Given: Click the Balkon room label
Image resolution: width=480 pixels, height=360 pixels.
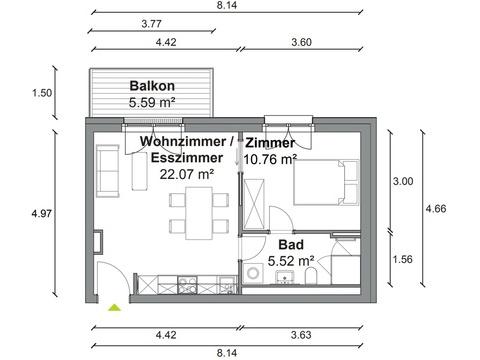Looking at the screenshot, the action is pyautogui.click(x=152, y=86).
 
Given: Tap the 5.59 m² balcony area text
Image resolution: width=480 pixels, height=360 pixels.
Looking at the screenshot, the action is pyautogui.click(x=152, y=102).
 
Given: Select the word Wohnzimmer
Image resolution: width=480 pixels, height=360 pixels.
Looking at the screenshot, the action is pyautogui.click(x=183, y=141).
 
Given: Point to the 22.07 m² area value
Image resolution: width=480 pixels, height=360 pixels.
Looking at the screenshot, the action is pyautogui.click(x=187, y=174).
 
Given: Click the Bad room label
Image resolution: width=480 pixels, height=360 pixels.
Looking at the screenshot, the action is pyautogui.click(x=291, y=245).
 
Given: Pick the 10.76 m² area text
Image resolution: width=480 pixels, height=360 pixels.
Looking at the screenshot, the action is pyautogui.click(x=270, y=159).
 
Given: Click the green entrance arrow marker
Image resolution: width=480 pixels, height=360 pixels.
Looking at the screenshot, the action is pyautogui.click(x=114, y=307).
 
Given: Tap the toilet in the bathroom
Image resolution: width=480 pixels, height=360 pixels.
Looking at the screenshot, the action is pyautogui.click(x=311, y=275).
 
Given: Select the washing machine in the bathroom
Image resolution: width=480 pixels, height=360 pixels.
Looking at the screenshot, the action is pyautogui.click(x=253, y=273).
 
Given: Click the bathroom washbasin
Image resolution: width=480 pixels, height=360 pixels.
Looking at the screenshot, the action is pyautogui.click(x=285, y=277).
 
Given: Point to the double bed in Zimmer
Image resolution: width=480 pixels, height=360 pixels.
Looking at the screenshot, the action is pyautogui.click(x=326, y=182).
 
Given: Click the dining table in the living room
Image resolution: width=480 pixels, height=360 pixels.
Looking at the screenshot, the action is pyautogui.click(x=199, y=213).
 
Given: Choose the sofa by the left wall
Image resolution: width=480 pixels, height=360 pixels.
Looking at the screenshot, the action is pyautogui.click(x=107, y=171).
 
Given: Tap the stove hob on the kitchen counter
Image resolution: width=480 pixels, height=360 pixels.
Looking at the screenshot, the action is pyautogui.click(x=187, y=285).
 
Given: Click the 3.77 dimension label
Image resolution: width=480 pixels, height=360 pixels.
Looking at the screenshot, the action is pyautogui.click(x=151, y=24).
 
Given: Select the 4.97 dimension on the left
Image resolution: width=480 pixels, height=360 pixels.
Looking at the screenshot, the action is pyautogui.click(x=42, y=213).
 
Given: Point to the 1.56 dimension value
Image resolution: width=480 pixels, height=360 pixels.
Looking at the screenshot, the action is pyautogui.click(x=403, y=259).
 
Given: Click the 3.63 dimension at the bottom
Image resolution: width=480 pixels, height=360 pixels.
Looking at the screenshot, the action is pyautogui.click(x=301, y=335).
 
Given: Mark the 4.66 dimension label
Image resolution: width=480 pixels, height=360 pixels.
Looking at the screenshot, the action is pyautogui.click(x=436, y=209).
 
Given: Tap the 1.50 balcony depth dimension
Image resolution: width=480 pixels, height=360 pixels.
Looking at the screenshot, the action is pyautogui.click(x=42, y=93).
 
